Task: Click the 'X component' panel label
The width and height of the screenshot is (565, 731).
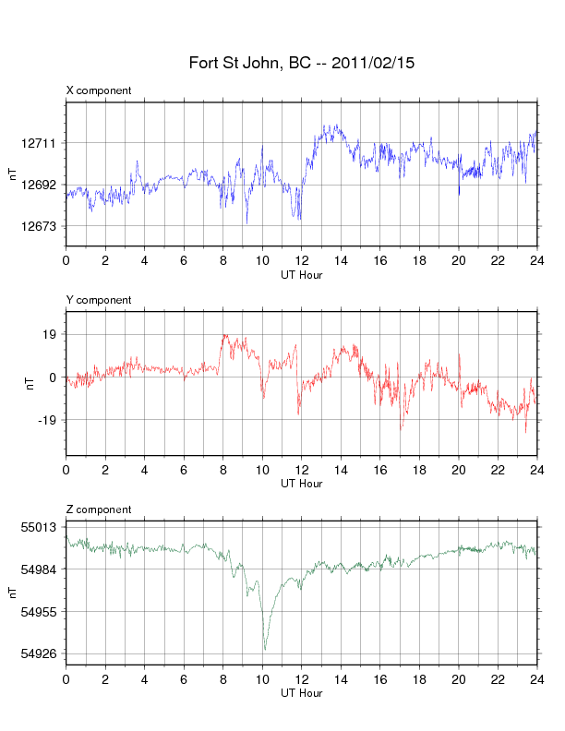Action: tap(99, 90)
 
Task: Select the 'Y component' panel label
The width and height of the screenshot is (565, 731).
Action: tap(99, 300)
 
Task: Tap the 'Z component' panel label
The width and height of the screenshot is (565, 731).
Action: tap(99, 509)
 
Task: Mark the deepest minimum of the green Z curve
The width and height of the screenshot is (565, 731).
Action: tap(265, 650)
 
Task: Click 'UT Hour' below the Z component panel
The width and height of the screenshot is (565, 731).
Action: tap(301, 693)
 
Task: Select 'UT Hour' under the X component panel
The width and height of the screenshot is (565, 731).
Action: tap(301, 274)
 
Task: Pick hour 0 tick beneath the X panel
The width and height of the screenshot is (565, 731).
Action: tap(66, 260)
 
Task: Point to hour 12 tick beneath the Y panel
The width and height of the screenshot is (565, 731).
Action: tap(301, 470)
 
